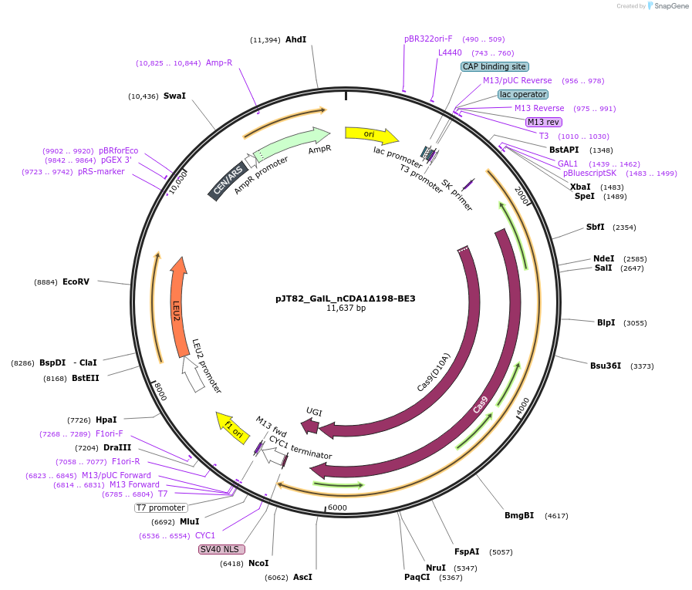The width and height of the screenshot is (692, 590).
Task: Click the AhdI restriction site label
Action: tap(295, 39)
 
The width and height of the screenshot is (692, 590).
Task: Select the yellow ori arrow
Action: tap(371, 135)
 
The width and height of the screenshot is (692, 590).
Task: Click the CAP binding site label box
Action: tap(495, 67)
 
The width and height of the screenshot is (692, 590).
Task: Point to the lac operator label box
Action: tap(523, 94)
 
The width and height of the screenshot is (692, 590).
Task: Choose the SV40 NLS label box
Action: tap(221, 549)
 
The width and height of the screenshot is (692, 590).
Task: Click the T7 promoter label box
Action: tap(160, 507)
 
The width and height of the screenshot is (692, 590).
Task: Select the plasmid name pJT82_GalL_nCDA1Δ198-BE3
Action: tap(346, 298)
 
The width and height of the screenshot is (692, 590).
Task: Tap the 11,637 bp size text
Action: tap(346, 308)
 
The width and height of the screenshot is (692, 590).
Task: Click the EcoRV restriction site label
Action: tap(76, 282)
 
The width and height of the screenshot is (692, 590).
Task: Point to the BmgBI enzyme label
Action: tap(519, 515)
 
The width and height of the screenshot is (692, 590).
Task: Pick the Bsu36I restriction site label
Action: tap(606, 366)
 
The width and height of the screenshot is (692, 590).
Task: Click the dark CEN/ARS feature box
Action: tap(227, 182)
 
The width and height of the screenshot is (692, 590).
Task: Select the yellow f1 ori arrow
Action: tap(231, 427)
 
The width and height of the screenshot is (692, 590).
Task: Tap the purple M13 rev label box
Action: tap(544, 122)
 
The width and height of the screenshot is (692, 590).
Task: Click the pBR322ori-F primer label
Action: tap(428, 39)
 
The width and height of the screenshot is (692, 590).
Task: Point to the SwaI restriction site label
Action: tap(174, 96)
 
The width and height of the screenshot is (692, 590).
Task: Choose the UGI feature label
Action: tap(314, 411)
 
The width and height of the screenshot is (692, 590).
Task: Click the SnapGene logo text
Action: tap(669, 6)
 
